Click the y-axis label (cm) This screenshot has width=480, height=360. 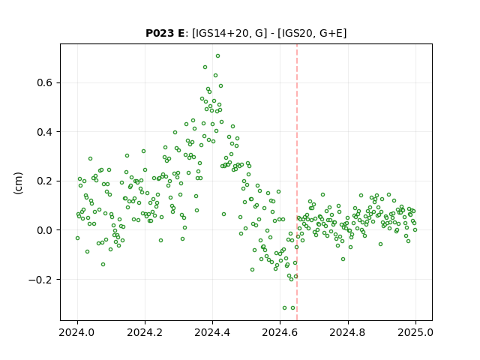18,183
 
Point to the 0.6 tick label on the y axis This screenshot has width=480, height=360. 45,83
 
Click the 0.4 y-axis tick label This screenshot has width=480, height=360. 45,132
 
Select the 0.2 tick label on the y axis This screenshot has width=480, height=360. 45,181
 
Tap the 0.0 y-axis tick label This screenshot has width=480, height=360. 45,230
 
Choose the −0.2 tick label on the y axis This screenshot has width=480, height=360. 41,280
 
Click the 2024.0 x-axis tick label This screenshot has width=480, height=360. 77,332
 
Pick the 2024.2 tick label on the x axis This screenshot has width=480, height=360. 145,332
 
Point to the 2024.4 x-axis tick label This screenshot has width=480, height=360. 212,332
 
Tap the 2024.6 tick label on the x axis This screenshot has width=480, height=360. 280,332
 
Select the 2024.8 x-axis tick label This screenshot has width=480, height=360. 348,332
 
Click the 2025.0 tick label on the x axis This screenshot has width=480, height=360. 415,332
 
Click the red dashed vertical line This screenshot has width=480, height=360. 297,182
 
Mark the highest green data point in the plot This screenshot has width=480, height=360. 217,56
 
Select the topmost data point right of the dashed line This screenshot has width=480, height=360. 322,195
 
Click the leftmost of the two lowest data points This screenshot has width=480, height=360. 284,308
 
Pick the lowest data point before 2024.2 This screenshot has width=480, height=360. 103,265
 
